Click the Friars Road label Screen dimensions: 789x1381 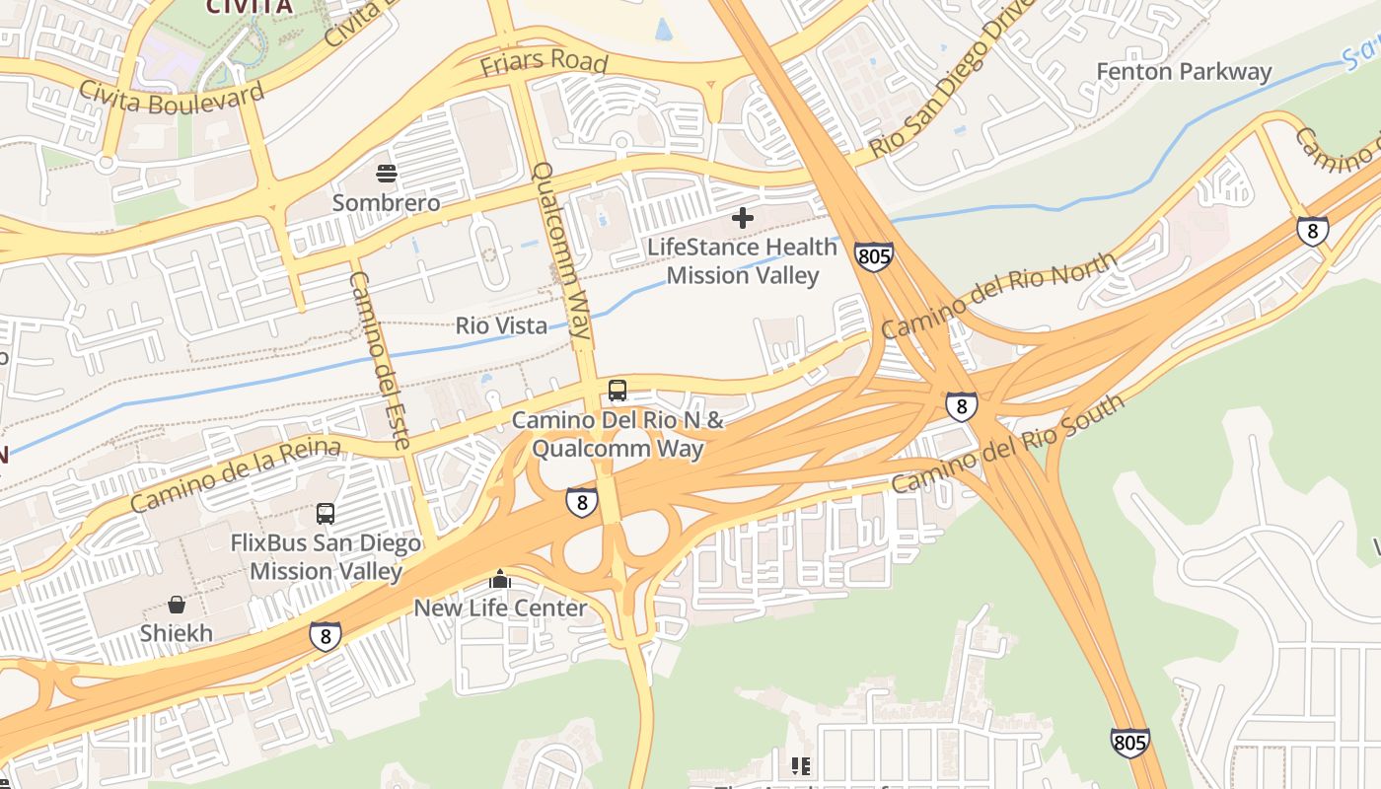pyautogui.click(x=544, y=62)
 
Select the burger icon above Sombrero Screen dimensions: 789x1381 pyautogui.click(x=387, y=175)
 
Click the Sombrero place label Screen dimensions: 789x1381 pyautogui.click(x=386, y=202)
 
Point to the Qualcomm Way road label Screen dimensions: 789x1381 pyautogui.click(x=560, y=251)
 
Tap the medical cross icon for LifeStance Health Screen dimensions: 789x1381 pyautogui.click(x=743, y=218)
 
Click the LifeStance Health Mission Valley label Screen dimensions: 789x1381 pyautogui.click(x=742, y=261)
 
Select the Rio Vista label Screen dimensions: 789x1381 pyautogui.click(x=501, y=325)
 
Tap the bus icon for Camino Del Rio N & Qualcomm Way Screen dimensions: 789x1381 pyautogui.click(x=618, y=391)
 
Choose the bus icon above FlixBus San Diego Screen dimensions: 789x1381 pyautogui.click(x=326, y=514)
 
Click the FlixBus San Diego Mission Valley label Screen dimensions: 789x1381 pyautogui.click(x=326, y=557)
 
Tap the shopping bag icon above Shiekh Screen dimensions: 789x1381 pyautogui.click(x=177, y=605)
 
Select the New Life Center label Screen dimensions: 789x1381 pyautogui.click(x=500, y=608)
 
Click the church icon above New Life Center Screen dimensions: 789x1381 pyautogui.click(x=500, y=579)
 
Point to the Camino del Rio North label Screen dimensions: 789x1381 pyautogui.click(x=999, y=295)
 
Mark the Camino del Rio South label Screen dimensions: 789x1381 pyautogui.click(x=1007, y=444)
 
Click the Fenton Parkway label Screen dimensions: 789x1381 pyautogui.click(x=1184, y=72)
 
